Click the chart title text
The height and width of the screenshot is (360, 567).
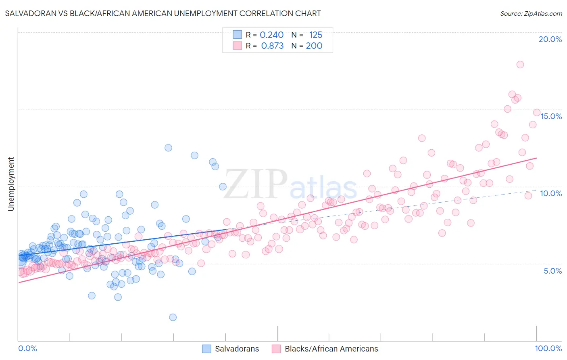pos(163,13)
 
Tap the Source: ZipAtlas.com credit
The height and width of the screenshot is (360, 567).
pos(531,13)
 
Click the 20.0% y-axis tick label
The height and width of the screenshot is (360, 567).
pos(550,39)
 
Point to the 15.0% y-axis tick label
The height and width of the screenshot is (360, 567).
pos(551,116)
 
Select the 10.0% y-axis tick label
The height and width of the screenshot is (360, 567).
pos(551,193)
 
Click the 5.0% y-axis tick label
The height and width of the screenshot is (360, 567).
pos(552,271)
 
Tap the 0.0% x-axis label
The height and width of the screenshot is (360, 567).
pos(27,348)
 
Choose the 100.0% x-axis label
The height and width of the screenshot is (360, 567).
pos(548,348)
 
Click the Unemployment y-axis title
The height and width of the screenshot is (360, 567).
pos(11,184)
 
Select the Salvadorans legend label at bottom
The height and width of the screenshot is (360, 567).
pos(237,349)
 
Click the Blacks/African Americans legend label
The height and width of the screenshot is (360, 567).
pos(331,349)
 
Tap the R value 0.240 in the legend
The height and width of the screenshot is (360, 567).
pos(271,35)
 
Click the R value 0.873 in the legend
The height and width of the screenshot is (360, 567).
pos(272,46)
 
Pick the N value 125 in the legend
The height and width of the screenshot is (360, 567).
pos(315,35)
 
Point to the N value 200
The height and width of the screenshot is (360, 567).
pos(314,46)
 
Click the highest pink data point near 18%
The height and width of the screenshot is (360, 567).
pos(520,65)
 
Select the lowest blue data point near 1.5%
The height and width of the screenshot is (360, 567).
pos(173,317)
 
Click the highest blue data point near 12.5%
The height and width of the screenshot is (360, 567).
pos(168,148)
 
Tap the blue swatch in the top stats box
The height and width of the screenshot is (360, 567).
pos(237,35)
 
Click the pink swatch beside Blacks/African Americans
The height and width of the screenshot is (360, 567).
pos(276,349)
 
